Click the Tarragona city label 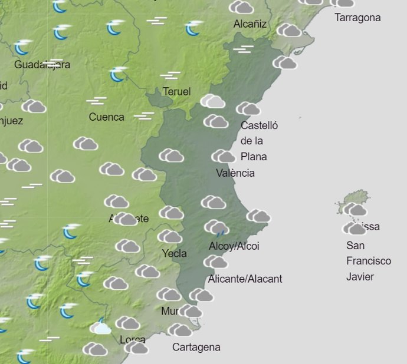point(357,18)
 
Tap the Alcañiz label point(250,24)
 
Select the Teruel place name point(176,92)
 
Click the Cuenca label point(106,117)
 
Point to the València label point(235,173)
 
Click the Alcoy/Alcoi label point(234,246)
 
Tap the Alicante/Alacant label point(245,279)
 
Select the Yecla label point(174,254)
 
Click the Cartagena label point(196,348)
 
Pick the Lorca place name point(132,340)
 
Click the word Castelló point(259,125)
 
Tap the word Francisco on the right point(368,261)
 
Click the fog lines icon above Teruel point(170,75)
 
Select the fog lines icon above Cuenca point(96,101)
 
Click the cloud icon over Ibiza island point(355,209)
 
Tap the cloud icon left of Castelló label point(216,121)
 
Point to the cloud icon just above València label point(223,156)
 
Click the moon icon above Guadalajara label point(23,47)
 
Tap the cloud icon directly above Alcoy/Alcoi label point(216,227)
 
